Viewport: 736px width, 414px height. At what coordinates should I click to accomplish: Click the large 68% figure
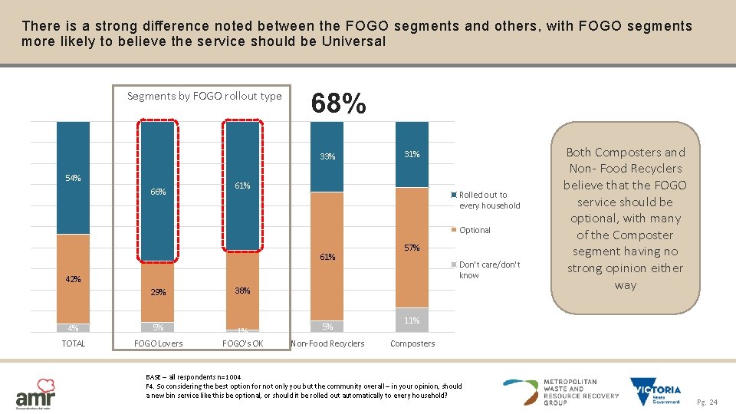(338, 103)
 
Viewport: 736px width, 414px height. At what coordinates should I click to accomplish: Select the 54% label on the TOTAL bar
(74, 178)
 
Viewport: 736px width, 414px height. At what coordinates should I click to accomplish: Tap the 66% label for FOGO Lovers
(158, 192)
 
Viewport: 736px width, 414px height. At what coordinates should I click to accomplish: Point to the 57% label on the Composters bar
(412, 248)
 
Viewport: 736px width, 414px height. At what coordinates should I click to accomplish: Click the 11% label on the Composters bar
(412, 320)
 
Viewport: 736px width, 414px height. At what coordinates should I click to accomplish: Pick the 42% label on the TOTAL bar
(73, 279)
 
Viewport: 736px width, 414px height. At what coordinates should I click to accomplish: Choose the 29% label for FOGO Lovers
(158, 292)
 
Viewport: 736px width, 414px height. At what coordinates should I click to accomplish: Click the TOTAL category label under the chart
(74, 343)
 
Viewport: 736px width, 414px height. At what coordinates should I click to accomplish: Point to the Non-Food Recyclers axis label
(328, 343)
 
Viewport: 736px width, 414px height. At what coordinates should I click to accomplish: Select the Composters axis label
(412, 343)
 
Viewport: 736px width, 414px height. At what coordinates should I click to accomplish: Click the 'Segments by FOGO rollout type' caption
(204, 96)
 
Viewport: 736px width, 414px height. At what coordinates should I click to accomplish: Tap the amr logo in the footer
(35, 392)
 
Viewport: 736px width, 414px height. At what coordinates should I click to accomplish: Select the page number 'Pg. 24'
(708, 402)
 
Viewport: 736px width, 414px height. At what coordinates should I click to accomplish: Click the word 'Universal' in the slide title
(348, 41)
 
